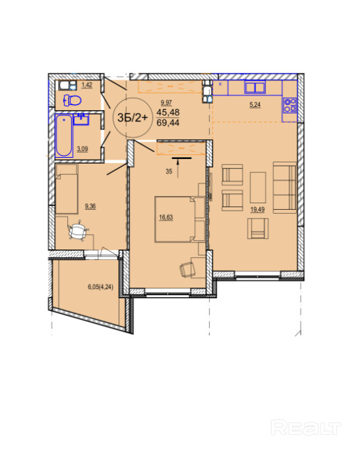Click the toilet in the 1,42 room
(73, 100)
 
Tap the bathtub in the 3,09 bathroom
(64, 135)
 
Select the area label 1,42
(87, 85)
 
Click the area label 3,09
(82, 149)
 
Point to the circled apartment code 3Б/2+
(133, 117)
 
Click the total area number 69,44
(168, 123)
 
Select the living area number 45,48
(168, 112)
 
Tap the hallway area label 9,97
(166, 102)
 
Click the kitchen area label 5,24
(255, 104)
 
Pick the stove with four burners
(289, 106)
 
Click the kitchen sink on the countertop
(255, 87)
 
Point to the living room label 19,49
(257, 209)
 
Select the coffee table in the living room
(258, 187)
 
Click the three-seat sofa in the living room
(285, 187)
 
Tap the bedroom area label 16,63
(165, 217)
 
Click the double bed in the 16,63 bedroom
(180, 219)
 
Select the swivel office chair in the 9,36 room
(78, 231)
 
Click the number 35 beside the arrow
(169, 172)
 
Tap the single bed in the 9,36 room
(67, 189)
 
